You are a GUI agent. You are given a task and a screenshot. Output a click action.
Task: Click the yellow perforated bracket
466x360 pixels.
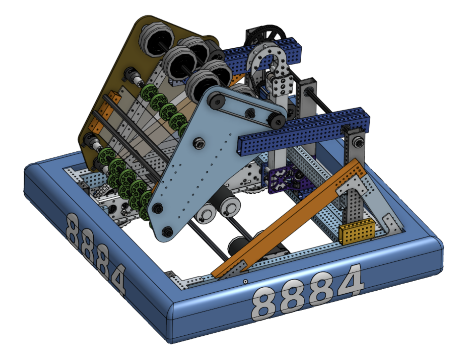[x=357, y=232]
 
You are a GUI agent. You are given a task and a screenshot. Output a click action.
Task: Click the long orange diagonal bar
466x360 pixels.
[x=287, y=219]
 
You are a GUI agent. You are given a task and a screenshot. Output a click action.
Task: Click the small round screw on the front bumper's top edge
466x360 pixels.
[x=246, y=281]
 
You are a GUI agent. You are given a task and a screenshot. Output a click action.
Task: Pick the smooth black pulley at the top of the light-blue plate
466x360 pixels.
[x=216, y=100]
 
